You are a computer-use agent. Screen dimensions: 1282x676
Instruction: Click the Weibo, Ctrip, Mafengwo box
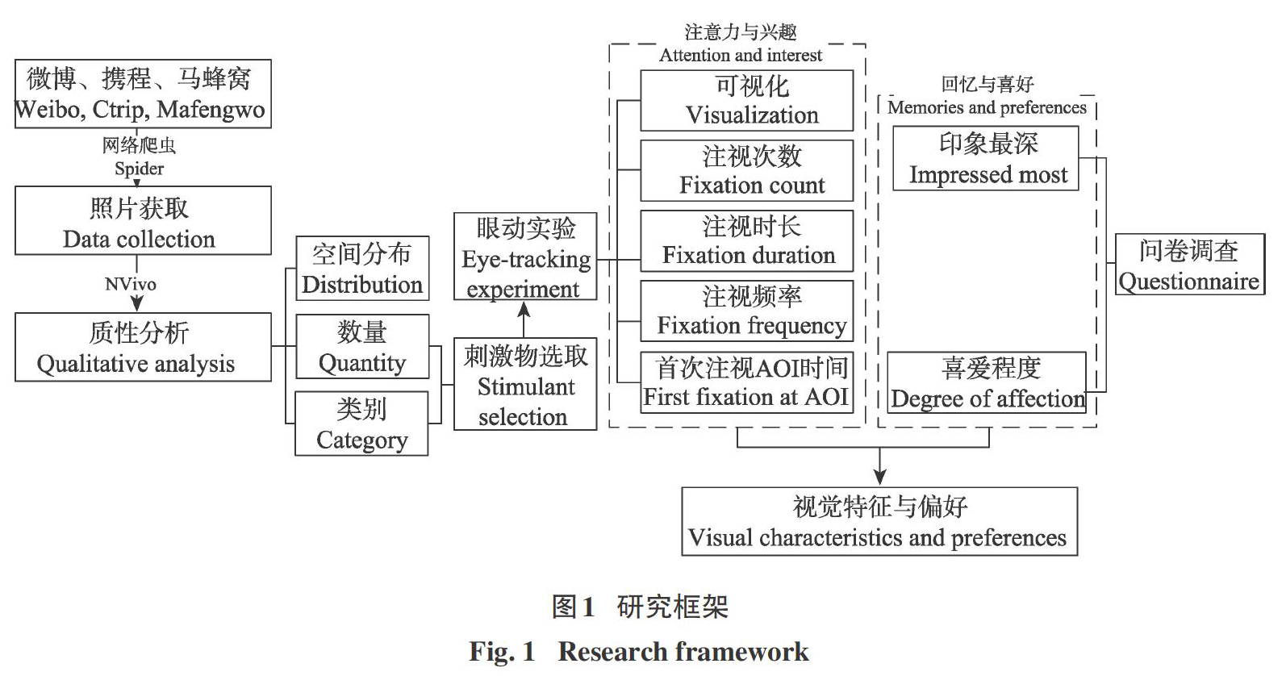tap(143, 94)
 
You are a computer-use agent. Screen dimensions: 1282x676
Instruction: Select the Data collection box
tap(143, 220)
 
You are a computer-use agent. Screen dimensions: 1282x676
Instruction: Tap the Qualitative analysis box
tap(143, 347)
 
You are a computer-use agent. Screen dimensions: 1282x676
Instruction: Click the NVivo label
tap(131, 284)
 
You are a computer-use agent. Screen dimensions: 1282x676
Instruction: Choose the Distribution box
tap(362, 269)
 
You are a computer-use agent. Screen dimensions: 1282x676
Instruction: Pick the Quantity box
tap(362, 346)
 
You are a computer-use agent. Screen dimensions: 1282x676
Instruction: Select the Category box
tap(361, 424)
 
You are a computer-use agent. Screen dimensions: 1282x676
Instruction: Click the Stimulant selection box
tap(525, 384)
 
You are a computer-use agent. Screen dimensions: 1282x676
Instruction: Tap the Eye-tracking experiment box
tap(525, 257)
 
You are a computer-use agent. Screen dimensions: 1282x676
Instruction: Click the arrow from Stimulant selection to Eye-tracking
tap(524, 319)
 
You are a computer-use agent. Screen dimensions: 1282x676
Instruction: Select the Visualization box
tap(747, 101)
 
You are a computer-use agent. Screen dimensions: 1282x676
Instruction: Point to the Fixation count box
tap(747, 170)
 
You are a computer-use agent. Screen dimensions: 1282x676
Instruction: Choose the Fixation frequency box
tap(747, 311)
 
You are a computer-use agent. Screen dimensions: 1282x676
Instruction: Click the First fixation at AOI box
tap(747, 382)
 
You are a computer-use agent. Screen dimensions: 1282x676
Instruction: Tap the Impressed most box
tap(986, 158)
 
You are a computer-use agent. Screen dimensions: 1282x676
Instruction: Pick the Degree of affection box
tap(987, 382)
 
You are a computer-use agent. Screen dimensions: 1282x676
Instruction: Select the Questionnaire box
tap(1190, 265)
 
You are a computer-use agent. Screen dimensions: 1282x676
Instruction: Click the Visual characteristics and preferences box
tap(879, 521)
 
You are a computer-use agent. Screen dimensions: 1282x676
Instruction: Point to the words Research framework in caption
tap(683, 651)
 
